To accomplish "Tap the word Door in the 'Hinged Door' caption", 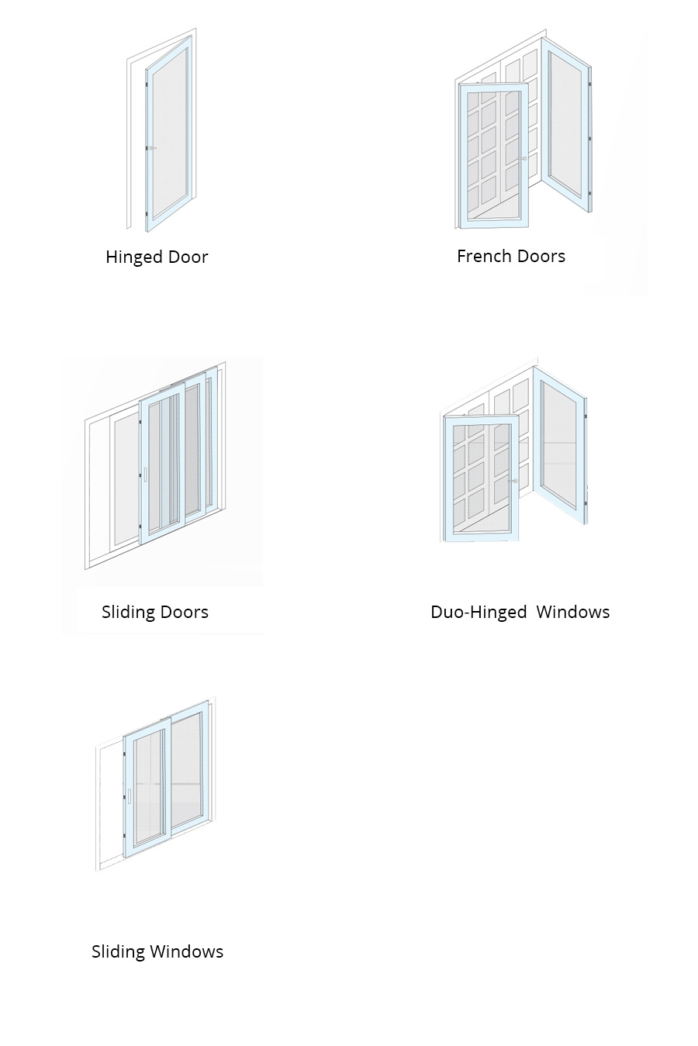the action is pyautogui.click(x=188, y=257).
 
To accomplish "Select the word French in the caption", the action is pyautogui.click(x=481, y=256).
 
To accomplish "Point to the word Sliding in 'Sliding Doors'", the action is pyautogui.click(x=126, y=613).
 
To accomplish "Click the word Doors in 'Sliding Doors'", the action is pyautogui.click(x=183, y=612).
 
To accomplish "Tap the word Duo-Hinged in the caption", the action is pyautogui.click(x=479, y=613).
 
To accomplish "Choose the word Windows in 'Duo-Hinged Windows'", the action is pyautogui.click(x=573, y=612).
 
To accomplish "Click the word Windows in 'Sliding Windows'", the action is pyautogui.click(x=187, y=951).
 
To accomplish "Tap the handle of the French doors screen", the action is pyautogui.click(x=522, y=159).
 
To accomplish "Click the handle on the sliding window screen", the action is pyautogui.click(x=129, y=796).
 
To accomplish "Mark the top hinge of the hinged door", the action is pyautogui.click(x=147, y=84).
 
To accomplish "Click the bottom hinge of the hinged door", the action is pyautogui.click(x=147, y=216).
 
